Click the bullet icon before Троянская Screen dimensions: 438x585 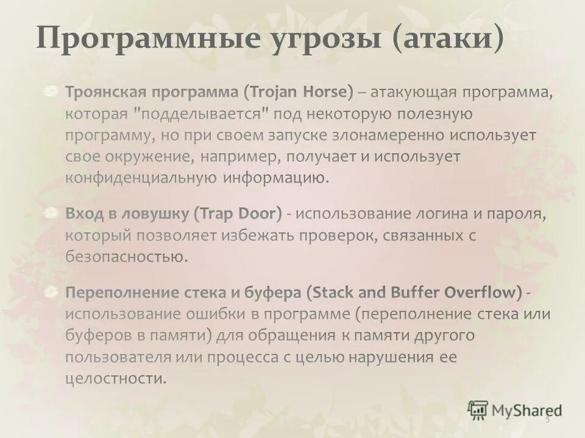(54, 92)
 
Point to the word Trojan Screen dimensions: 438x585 (275, 93)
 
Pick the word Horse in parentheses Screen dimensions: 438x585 (327, 92)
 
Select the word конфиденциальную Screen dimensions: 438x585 (140, 178)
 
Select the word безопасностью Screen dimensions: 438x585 (126, 256)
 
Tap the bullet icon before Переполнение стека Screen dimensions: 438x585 (54, 291)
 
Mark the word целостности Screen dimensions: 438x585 (115, 378)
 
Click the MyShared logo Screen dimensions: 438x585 (514, 409)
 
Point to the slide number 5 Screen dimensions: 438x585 (547, 419)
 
